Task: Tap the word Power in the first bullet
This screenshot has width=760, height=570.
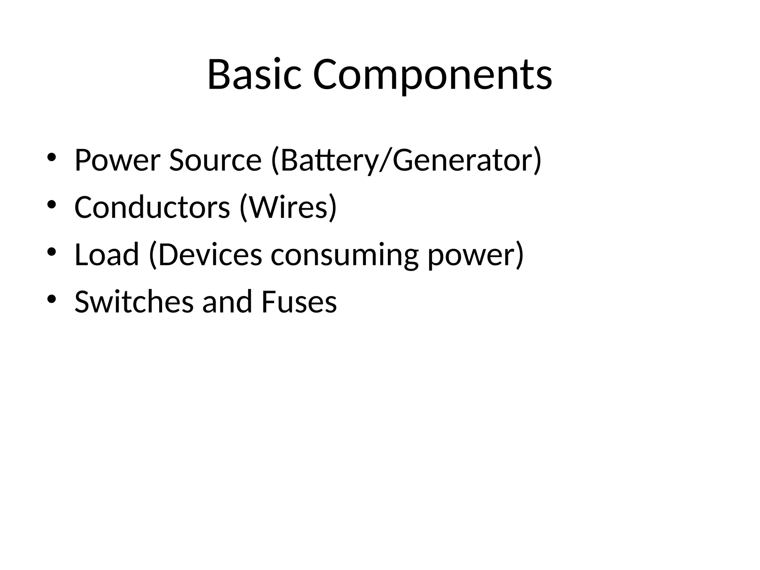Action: click(117, 160)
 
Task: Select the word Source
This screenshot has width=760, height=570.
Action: click(215, 160)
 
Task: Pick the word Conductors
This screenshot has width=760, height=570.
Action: click(152, 207)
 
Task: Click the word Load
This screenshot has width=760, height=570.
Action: click(107, 255)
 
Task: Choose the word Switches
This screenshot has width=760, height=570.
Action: click(134, 301)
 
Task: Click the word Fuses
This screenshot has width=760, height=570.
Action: click(299, 301)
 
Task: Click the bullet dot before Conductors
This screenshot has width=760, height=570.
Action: click(52, 204)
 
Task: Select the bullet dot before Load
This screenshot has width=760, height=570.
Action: click(52, 252)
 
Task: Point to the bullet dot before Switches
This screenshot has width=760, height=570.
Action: click(52, 299)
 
